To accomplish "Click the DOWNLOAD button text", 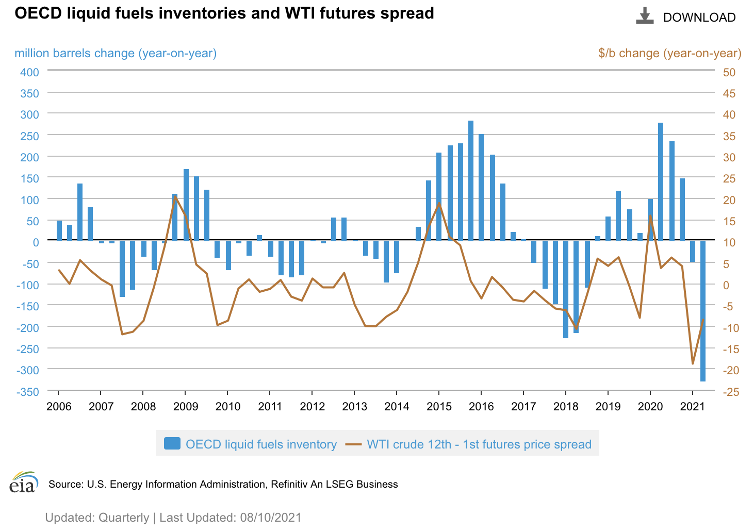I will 699,18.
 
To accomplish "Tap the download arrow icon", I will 644,16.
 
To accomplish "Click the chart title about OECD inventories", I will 224,13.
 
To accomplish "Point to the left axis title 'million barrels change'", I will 116,53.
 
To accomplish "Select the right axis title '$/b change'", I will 669,53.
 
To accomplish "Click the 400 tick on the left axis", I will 30,72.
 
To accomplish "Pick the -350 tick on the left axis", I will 28,392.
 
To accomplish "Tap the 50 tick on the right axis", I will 729,72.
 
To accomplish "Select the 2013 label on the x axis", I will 354,406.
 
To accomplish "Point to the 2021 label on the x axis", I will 692,406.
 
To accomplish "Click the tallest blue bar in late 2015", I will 471,180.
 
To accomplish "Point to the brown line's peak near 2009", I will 175,196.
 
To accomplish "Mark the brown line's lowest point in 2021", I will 693,363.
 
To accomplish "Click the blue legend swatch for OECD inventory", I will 172,444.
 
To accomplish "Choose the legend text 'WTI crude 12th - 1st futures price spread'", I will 479,444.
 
